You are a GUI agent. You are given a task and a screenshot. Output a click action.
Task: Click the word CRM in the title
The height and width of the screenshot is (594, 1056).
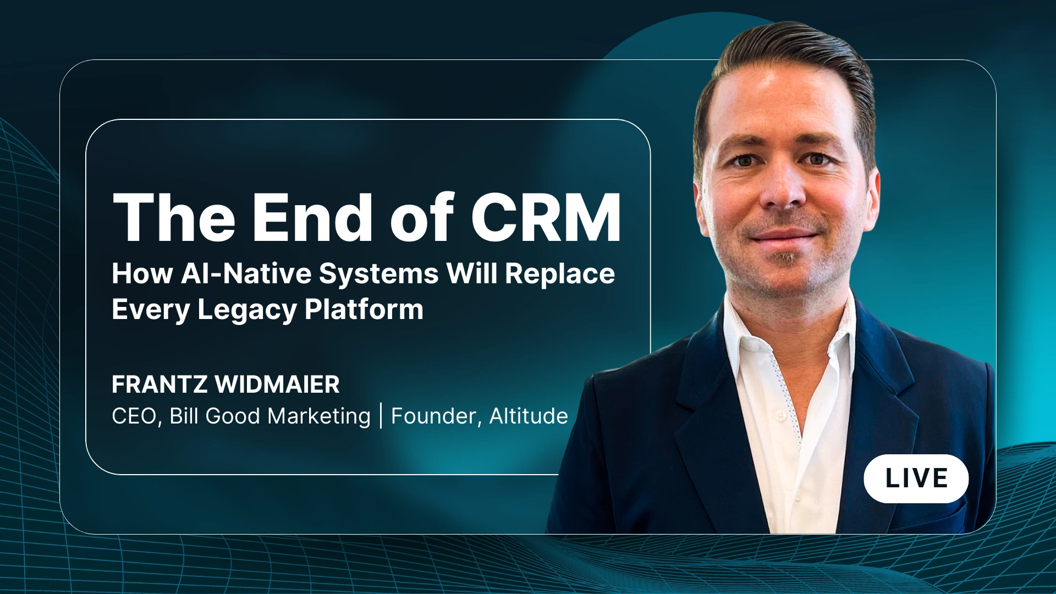(x=546, y=217)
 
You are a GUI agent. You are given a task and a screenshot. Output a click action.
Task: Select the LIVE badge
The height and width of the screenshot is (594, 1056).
(x=916, y=479)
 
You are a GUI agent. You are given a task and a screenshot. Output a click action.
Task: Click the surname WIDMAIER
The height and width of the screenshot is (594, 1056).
(x=277, y=384)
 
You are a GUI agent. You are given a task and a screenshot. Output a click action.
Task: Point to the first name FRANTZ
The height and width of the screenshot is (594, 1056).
(x=160, y=384)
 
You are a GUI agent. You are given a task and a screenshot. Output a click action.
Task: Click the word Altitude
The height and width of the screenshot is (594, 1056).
(x=529, y=416)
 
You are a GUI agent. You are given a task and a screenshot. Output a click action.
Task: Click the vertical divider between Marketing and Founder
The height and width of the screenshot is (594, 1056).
(x=381, y=416)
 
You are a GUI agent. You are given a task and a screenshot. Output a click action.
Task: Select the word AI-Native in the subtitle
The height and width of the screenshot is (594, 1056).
(x=246, y=273)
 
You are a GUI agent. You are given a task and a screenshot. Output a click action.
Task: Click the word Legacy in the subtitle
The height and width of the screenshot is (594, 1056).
(x=247, y=309)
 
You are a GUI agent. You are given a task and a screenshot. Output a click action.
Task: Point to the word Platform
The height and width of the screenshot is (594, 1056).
(x=364, y=309)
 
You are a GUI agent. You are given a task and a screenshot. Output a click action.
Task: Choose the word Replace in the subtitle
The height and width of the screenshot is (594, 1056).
(x=560, y=273)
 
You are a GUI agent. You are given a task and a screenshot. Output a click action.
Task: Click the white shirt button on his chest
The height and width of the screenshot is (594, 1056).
(x=780, y=416)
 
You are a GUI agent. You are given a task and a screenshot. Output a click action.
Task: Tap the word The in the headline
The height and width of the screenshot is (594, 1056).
(x=174, y=217)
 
